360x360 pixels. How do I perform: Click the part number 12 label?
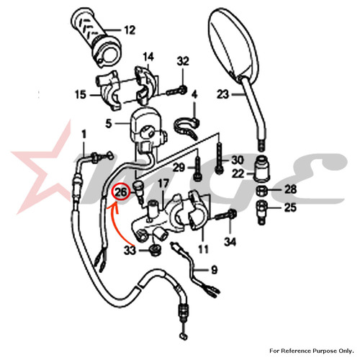pyautogui.click(x=130, y=30)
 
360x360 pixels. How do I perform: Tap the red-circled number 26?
pyautogui.click(x=121, y=192)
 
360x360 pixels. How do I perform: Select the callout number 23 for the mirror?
pyautogui.click(x=223, y=94)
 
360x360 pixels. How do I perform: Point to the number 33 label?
pyautogui.click(x=130, y=251)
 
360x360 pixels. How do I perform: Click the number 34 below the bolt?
pyautogui.click(x=230, y=242)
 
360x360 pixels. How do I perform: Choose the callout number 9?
pyautogui.click(x=214, y=270)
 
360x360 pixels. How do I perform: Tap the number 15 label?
pyautogui.click(x=81, y=94)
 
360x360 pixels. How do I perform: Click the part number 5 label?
pyautogui.click(x=109, y=124)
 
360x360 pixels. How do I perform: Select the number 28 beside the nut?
pyautogui.click(x=291, y=189)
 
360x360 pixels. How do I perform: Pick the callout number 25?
pyautogui.click(x=290, y=207)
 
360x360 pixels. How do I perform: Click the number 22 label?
pyautogui.click(x=238, y=174)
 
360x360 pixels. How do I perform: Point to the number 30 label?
pyautogui.click(x=238, y=160)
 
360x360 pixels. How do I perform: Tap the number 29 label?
pyautogui.click(x=179, y=168)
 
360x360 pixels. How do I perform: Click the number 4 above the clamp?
pyautogui.click(x=194, y=94)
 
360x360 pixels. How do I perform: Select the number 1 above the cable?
pyautogui.click(x=84, y=135)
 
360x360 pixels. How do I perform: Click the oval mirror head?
pyautogui.click(x=234, y=45)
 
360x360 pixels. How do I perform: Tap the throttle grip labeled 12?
pyautogui.click(x=96, y=38)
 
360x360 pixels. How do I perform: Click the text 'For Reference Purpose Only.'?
pyautogui.click(x=312, y=351)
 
